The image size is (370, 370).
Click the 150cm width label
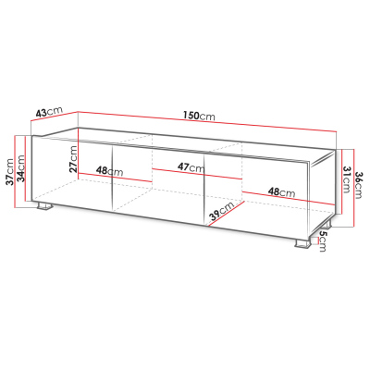[200, 117]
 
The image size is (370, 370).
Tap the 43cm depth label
[47, 113]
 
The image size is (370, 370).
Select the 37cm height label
[9, 171]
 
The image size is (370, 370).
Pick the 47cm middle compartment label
[191, 167]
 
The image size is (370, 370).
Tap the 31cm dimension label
[343, 178]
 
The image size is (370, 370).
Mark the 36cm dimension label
[357, 186]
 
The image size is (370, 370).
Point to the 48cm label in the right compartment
[281, 192]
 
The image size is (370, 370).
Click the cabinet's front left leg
[43, 207]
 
